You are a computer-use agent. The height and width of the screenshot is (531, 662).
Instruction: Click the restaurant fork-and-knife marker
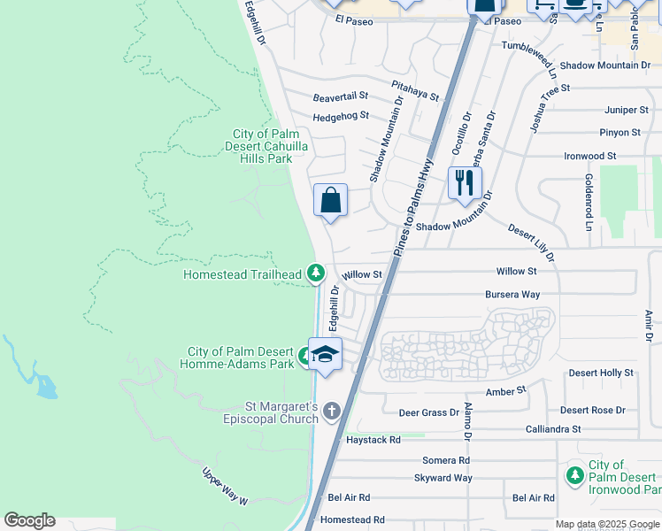(464, 183)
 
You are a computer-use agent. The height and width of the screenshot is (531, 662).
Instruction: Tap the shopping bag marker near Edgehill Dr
(330, 200)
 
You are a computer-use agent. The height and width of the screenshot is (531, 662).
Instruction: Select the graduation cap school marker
(325, 354)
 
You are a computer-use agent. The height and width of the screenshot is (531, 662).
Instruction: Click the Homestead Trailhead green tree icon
(315, 274)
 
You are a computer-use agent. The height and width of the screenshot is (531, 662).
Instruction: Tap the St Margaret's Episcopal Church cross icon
(332, 411)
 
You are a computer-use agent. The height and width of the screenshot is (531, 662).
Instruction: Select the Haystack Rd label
(373, 439)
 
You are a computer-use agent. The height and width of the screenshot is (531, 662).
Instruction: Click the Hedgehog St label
(341, 116)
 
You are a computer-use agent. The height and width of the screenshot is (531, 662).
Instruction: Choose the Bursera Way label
(512, 294)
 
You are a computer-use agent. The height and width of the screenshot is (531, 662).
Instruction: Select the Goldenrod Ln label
(588, 202)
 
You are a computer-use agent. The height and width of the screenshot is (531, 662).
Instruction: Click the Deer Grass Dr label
(428, 412)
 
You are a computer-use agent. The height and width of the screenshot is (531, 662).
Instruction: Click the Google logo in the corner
(29, 519)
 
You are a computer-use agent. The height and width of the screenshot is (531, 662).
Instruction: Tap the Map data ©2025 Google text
(606, 524)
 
